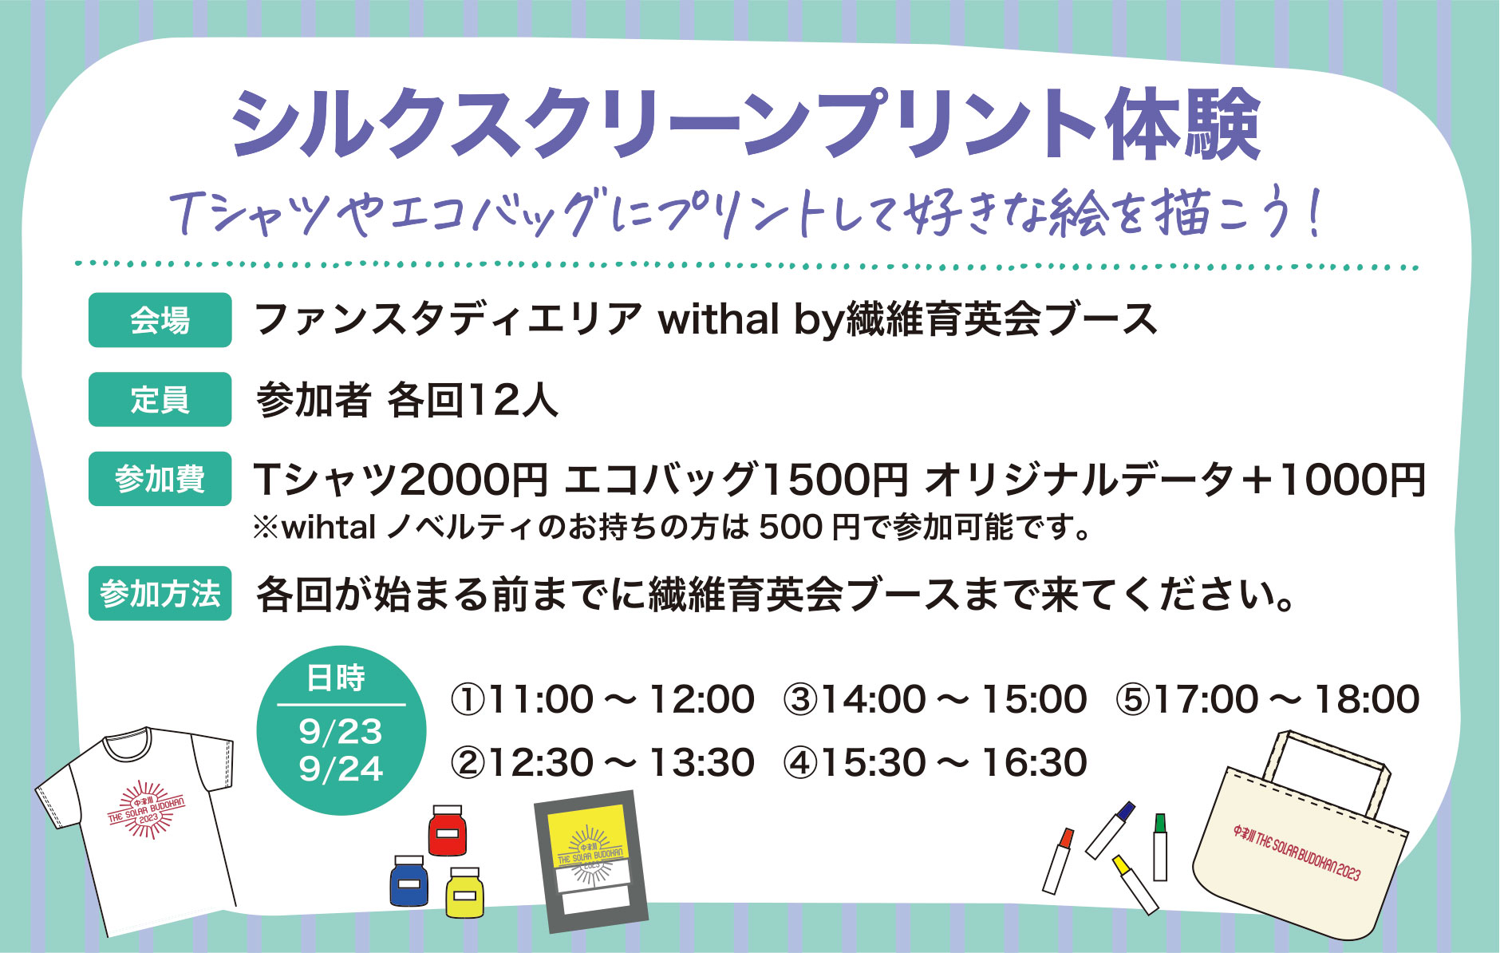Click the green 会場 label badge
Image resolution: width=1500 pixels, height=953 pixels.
coord(160,320)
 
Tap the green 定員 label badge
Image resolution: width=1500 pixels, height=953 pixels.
coord(160,399)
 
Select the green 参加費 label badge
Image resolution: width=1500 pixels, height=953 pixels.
coord(160,479)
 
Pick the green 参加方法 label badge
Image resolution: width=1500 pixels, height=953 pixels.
coord(160,593)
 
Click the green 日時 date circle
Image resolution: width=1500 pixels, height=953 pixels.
coord(341,730)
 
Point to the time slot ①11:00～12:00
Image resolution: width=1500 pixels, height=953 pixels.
coord(602,699)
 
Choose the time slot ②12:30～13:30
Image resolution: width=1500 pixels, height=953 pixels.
coord(602,762)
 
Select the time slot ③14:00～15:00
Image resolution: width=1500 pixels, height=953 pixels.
coord(935,699)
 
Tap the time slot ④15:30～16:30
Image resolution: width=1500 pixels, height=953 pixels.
coord(935,762)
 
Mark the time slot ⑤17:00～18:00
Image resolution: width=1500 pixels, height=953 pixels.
coord(1268,699)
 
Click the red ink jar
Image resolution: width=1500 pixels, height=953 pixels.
coord(448,830)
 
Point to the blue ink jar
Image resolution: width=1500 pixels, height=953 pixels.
coord(409,880)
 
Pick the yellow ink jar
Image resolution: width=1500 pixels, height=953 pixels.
coord(465,892)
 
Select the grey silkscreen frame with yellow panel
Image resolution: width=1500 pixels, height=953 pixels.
coord(591,862)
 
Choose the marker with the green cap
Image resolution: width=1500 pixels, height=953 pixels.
coord(1160,847)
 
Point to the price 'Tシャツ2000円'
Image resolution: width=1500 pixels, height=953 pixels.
coord(401,479)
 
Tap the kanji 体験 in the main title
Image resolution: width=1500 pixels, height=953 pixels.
coord(1182,125)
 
